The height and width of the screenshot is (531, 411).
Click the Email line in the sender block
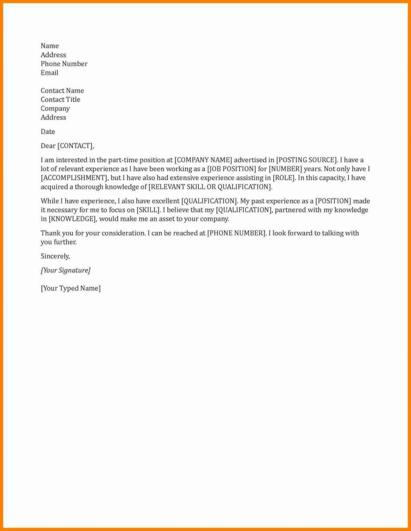pos(49,73)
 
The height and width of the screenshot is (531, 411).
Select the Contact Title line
pos(60,100)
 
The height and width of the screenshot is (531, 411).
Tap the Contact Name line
pos(62,91)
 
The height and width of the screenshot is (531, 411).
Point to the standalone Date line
pos(48,132)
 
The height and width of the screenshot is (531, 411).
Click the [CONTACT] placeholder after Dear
pos(75,146)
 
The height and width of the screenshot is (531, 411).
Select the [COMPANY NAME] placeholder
pos(203,160)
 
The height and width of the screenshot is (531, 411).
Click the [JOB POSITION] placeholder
pos(232,169)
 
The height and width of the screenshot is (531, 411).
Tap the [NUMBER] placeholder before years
pos(285,169)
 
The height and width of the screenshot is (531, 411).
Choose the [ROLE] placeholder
pos(284,178)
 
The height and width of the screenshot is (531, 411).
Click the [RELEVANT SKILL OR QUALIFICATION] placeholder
pos(210,187)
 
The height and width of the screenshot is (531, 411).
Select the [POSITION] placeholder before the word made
pos(333,201)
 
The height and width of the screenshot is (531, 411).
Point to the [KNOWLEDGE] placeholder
pos(73,219)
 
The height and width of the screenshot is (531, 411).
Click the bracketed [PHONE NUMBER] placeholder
pos(236,233)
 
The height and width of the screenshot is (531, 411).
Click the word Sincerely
pos(55,256)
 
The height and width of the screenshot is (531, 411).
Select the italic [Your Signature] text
pos(65,271)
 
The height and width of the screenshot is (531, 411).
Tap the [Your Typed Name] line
pos(71,288)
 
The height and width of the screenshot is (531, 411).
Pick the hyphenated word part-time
pos(123,160)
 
